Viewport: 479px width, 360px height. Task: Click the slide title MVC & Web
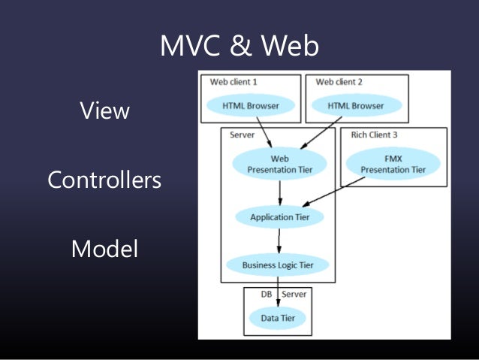coord(239,47)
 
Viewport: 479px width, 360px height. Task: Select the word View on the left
coord(104,111)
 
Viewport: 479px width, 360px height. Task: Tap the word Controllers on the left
coord(104,180)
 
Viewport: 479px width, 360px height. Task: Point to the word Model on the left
coord(104,249)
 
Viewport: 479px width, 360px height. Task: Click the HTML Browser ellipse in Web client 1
coord(250,106)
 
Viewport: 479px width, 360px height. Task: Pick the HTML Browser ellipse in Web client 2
coord(355,106)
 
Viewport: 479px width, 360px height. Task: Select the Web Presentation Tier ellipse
coord(279,164)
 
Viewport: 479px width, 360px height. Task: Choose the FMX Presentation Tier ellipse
coord(393,164)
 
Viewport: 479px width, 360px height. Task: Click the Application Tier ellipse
coord(279,217)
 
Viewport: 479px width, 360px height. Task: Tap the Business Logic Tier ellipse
coord(279,265)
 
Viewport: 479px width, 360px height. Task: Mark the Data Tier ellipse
coord(278,319)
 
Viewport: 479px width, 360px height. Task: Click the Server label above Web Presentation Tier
coord(242,135)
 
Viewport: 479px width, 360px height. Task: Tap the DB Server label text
coord(284,294)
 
